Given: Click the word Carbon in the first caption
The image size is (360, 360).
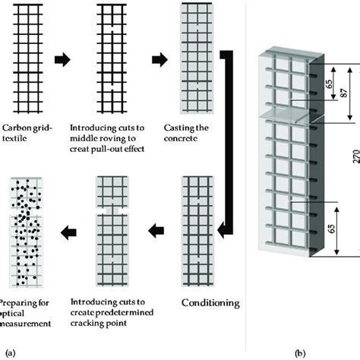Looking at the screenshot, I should point(19,128).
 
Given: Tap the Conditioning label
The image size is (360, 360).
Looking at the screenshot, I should point(210,302).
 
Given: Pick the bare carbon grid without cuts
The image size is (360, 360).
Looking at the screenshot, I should point(25,57).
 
